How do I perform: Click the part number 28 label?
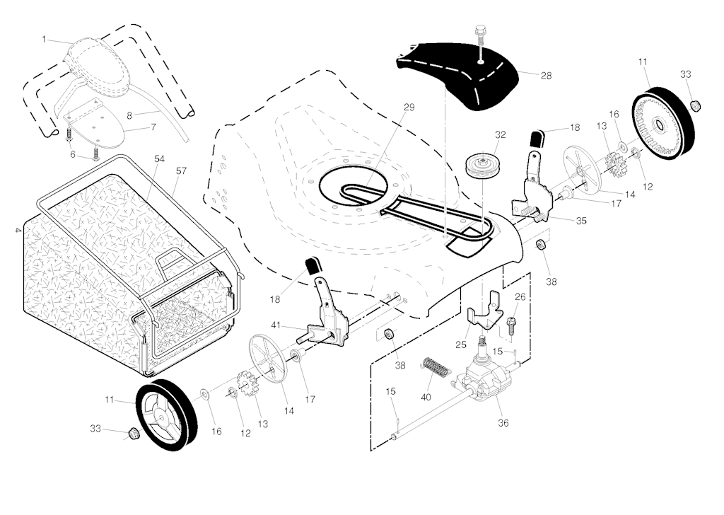(x=545, y=75)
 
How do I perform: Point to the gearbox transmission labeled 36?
(x=488, y=382)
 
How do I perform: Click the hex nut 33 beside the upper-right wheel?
(x=694, y=105)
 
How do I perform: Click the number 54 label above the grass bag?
(x=160, y=159)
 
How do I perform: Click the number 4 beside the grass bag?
(x=16, y=229)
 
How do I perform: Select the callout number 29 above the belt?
(x=409, y=108)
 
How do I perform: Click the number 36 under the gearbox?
(x=503, y=423)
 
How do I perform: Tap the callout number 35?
(x=581, y=221)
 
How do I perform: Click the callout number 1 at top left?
(x=43, y=40)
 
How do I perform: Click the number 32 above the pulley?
(x=501, y=134)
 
